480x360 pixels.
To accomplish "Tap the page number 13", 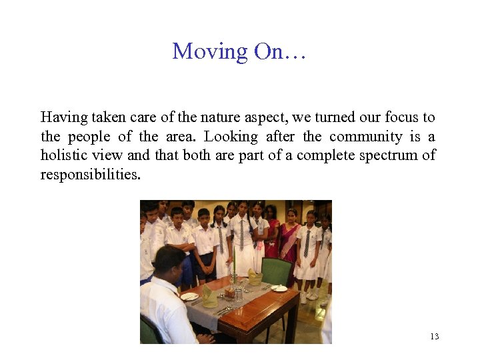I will click(435, 336).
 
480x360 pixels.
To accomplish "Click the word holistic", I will click(64, 156).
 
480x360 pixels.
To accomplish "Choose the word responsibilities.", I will click(91, 175).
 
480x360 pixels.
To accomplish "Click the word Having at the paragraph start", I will click(64, 118).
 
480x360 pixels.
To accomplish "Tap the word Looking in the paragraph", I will click(231, 137).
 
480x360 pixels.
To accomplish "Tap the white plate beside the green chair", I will click(279, 288).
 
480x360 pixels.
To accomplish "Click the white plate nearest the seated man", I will click(189, 297).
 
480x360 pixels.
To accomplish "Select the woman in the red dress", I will click(271, 233).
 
